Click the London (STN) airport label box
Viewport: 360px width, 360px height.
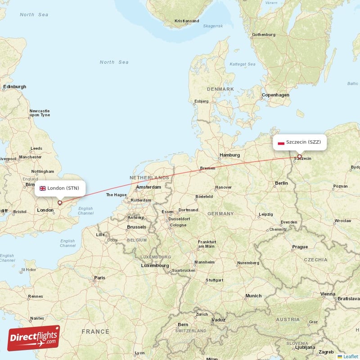click(60, 188)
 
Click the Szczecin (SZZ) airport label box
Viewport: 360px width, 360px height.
click(299, 142)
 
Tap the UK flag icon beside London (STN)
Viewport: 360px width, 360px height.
click(43, 188)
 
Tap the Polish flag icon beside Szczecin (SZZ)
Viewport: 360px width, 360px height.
click(281, 142)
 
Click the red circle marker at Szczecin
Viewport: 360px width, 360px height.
click(299, 157)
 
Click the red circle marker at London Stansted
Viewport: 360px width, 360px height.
click(59, 202)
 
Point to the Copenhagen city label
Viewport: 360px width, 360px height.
click(275, 95)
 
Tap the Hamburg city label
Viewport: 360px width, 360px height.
click(229, 155)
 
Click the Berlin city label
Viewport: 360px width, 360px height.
click(281, 183)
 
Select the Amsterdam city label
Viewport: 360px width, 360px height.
click(148, 187)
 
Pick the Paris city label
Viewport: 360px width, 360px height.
click(99, 278)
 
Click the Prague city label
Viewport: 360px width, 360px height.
click(300, 247)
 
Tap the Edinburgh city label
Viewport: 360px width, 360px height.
click(15, 86)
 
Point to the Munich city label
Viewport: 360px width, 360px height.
click(253, 296)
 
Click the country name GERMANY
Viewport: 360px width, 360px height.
click(221, 213)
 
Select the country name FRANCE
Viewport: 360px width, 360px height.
click(95, 332)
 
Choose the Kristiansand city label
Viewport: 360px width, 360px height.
click(187, 21)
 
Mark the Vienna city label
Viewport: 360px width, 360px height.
click(328, 294)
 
